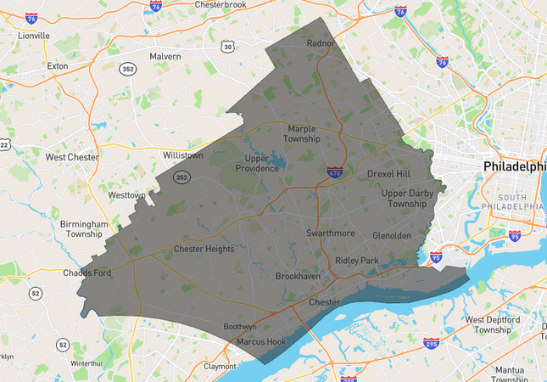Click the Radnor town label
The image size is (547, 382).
[321, 43]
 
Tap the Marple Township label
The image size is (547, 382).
[303, 133]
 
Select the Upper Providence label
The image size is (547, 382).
[261, 163]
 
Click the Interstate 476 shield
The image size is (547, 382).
[336, 171]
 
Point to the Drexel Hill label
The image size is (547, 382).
[388, 173]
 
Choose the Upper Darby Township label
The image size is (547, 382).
[404, 199]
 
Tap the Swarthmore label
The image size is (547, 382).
[330, 232]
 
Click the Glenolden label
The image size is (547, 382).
[392, 235]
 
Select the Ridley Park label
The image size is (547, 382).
[357, 261]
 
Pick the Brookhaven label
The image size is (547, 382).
[298, 277]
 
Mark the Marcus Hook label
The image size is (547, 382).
[261, 342]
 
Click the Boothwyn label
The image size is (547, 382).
[239, 327]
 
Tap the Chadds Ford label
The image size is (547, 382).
[87, 272]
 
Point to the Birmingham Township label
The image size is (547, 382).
[85, 229]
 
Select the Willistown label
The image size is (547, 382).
[183, 156]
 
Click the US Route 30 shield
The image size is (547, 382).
[228, 48]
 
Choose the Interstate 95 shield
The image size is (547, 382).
[436, 254]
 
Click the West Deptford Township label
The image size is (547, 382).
[493, 324]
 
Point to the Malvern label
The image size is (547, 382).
[165, 56]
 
